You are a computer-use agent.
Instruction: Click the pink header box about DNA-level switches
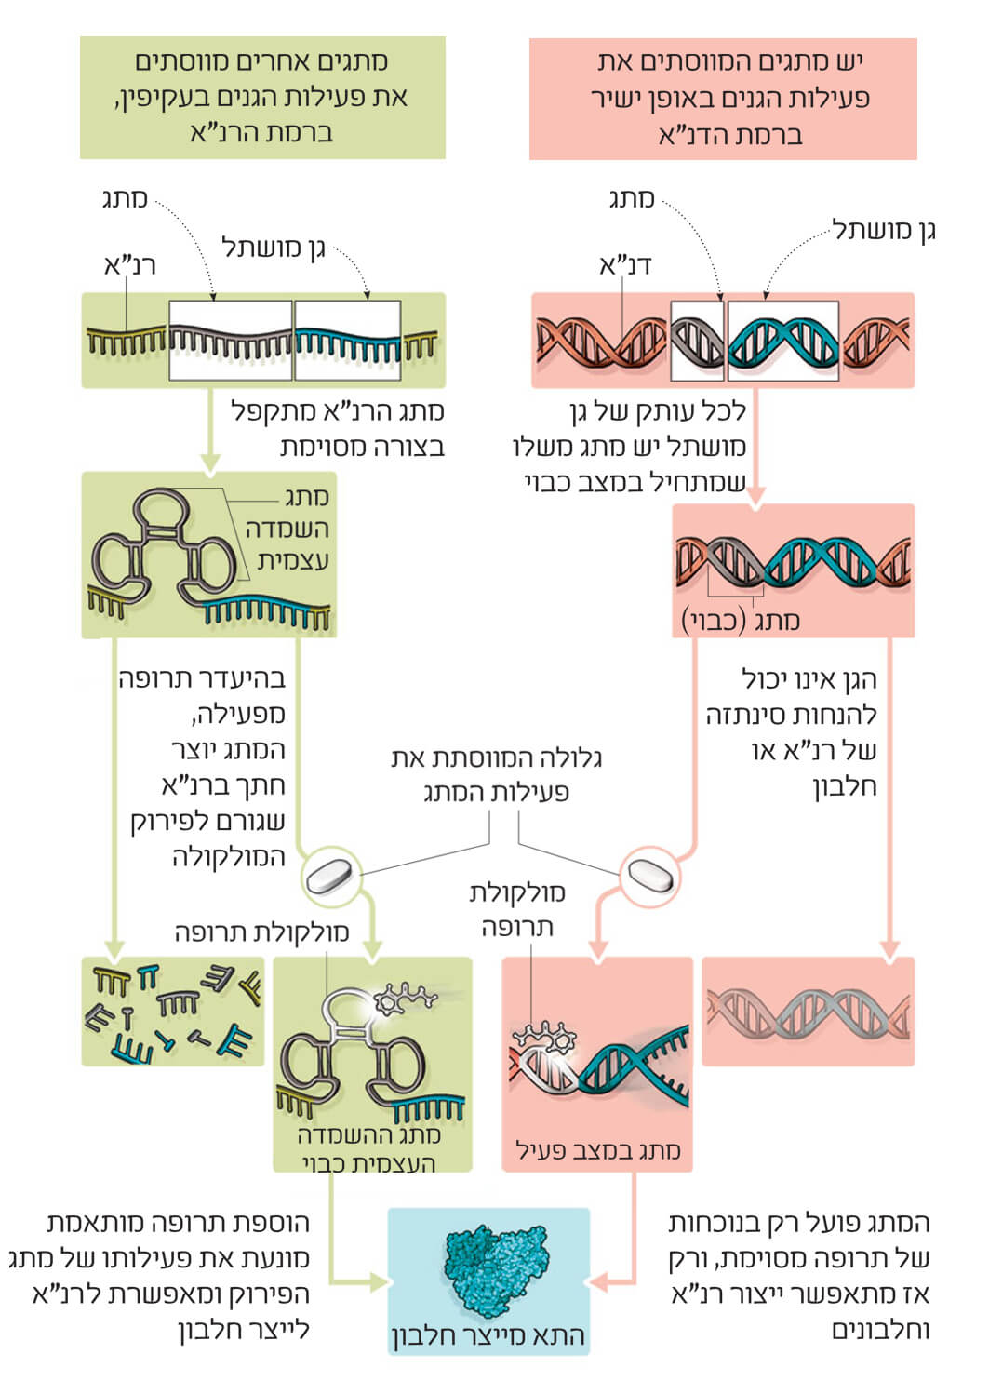click(x=723, y=99)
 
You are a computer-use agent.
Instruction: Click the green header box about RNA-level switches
click(x=262, y=97)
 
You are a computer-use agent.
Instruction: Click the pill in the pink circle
click(x=649, y=875)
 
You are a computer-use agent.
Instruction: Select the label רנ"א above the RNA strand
click(x=129, y=265)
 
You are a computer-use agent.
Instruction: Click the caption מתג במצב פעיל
click(x=597, y=1150)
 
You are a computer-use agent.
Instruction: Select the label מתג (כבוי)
click(x=741, y=620)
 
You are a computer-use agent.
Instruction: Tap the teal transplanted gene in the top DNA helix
click(x=782, y=341)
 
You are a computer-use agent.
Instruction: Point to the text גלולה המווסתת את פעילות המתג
click(x=496, y=775)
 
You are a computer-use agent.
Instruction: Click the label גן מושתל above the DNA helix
click(x=884, y=230)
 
